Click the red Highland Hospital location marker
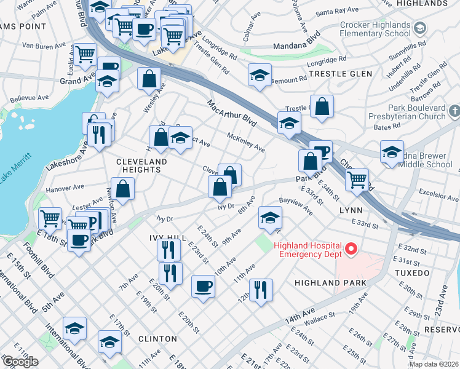tap(351, 249)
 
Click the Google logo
tap(20, 362)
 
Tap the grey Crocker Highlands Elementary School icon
tap(419, 28)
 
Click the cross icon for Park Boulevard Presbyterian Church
tap(454, 111)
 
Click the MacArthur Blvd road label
tap(232, 114)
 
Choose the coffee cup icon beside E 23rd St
tap(204, 285)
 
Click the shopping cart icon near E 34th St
tap(357, 180)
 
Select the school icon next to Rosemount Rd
tap(260, 75)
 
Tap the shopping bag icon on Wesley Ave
tap(149, 79)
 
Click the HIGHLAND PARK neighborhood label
tap(330, 283)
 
